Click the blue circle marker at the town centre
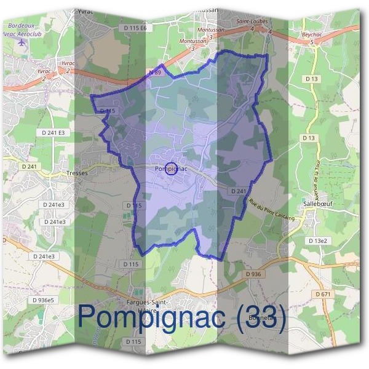[x=172, y=169]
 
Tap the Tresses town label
[x=77, y=173]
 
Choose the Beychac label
[x=311, y=36]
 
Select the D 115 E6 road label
[x=135, y=28]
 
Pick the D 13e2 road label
[x=319, y=240]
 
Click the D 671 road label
[x=323, y=295]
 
